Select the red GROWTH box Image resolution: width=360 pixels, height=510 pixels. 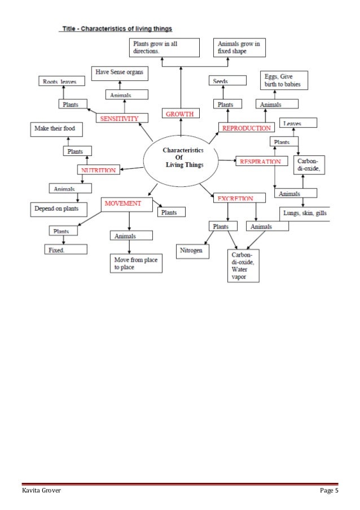[x=180, y=114]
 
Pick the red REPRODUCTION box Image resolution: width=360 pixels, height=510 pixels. [x=247, y=129]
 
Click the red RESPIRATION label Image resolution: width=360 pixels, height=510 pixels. [x=260, y=162]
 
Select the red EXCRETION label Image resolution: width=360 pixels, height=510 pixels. [x=232, y=198]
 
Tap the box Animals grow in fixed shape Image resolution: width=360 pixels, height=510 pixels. [x=240, y=47]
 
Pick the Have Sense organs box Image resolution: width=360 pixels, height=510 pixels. [x=119, y=72]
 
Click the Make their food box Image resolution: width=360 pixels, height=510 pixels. [x=56, y=129]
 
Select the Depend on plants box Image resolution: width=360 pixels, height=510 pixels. [x=58, y=209]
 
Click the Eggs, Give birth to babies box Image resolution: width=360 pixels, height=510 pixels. [x=284, y=80]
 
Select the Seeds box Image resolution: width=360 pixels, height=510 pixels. [x=221, y=81]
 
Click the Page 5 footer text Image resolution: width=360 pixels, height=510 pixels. [x=328, y=491]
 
